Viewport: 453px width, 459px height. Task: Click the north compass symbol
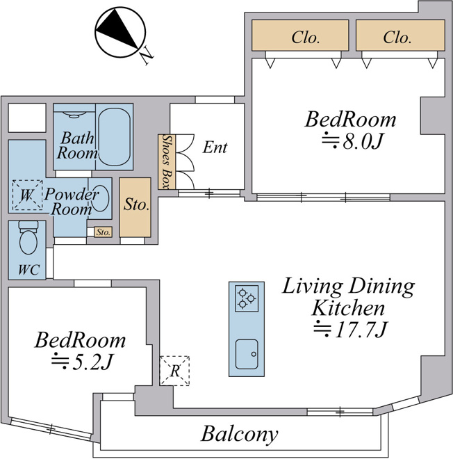coord(120,33)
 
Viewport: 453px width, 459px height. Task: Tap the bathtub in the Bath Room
coord(114,137)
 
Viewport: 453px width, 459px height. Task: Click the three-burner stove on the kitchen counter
coord(247,298)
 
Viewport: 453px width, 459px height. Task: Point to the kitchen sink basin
coord(247,354)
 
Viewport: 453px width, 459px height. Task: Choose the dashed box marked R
coord(174,371)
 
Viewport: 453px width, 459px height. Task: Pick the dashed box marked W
coord(27,195)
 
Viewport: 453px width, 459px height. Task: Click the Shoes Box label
coord(167,161)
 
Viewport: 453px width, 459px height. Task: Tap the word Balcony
coord(240,435)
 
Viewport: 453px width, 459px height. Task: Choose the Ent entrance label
coord(215,147)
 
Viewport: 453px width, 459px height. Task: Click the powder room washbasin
coord(100,198)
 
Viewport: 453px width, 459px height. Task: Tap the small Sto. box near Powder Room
coord(104,232)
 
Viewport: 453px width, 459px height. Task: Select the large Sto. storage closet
coord(135,207)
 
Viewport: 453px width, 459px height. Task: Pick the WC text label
coord(28,269)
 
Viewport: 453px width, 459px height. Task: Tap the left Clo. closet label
coord(305,38)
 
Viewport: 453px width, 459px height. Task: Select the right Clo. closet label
coord(397,38)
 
